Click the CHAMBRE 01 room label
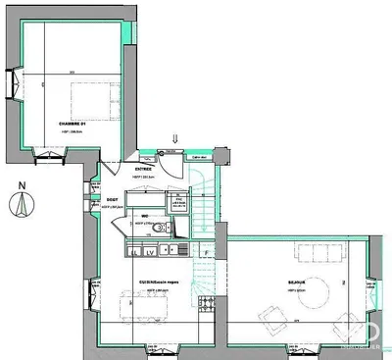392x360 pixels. [x=72, y=122]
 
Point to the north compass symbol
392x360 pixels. [x=23, y=205]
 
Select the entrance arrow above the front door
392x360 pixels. [x=175, y=141]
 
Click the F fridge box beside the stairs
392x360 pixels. [x=206, y=252]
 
